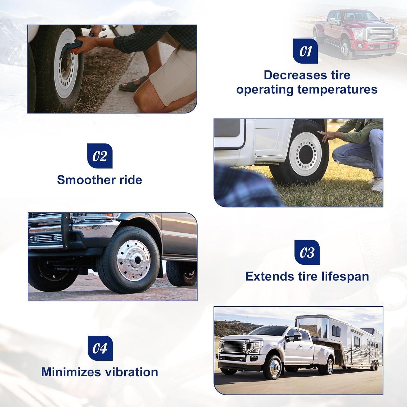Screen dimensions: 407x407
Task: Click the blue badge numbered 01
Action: tap(305, 51)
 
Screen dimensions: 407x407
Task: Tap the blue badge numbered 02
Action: tap(100, 156)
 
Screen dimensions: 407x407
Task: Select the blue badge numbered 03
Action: tap(307, 252)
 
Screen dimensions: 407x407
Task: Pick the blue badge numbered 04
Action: tap(100, 348)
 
